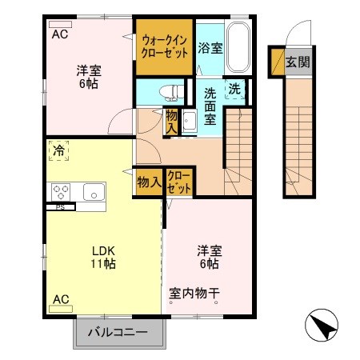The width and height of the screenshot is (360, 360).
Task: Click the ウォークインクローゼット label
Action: (x=165, y=45)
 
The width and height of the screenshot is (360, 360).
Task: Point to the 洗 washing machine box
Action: (x=234, y=89)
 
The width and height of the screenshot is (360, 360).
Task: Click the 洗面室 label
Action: (x=210, y=106)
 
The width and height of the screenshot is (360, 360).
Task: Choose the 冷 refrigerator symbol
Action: (x=59, y=150)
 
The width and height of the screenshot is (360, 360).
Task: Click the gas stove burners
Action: (x=62, y=191)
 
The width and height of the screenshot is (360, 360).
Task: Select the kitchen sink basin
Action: (x=93, y=192)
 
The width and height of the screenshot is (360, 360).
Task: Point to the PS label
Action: (x=59, y=207)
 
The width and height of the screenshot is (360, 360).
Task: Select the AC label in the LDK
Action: (x=61, y=299)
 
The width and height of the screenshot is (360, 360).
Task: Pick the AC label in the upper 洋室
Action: (x=59, y=34)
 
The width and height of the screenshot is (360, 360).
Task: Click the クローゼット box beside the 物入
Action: (x=179, y=182)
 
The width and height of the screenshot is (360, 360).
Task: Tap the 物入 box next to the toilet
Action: (x=172, y=122)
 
